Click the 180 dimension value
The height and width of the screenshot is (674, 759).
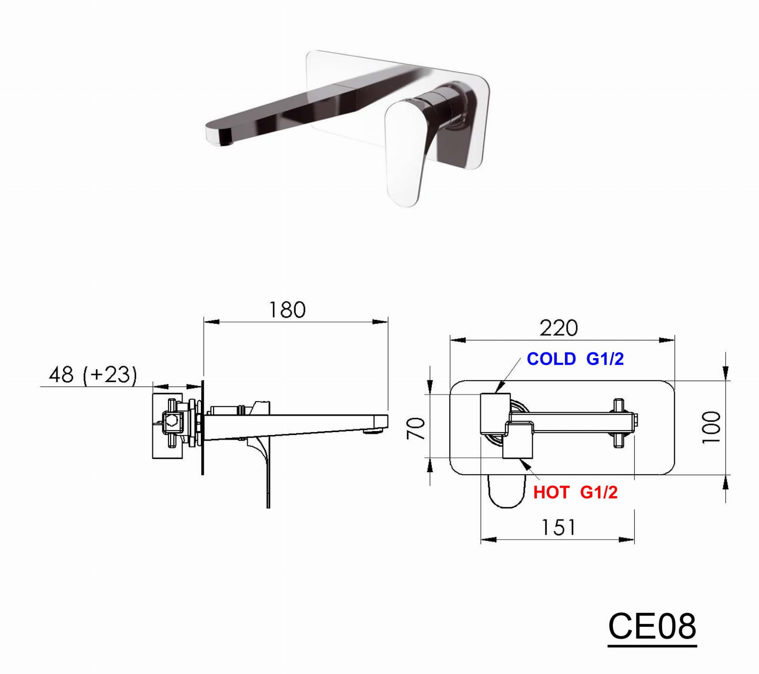point(287,310)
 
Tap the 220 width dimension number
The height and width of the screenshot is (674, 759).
point(559,328)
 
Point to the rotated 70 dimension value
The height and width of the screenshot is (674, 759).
point(415,428)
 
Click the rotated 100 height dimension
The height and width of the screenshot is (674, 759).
point(711,427)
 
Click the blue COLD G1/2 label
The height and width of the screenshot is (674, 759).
point(575,359)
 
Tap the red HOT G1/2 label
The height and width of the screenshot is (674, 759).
point(575,493)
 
